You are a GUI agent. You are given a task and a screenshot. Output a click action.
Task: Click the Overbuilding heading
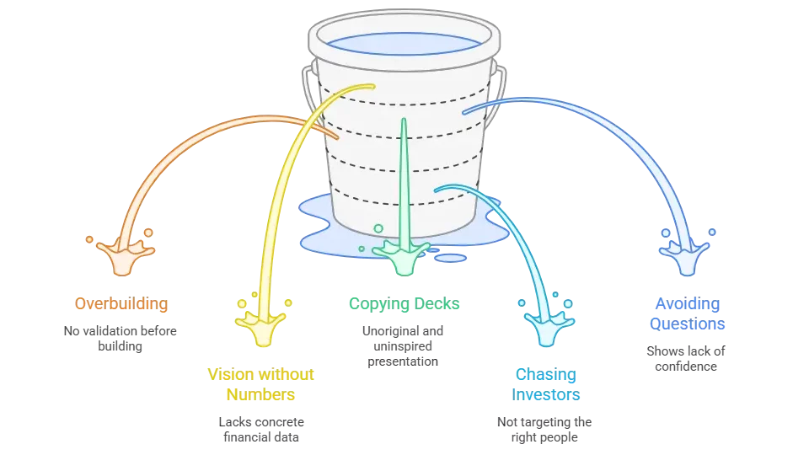point(121,303)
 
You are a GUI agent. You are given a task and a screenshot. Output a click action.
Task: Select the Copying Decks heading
point(404,304)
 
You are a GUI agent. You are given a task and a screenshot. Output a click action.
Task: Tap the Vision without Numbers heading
point(260,384)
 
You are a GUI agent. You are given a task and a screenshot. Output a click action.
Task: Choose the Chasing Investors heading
point(546,384)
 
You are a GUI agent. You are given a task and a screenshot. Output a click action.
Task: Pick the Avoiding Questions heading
point(688,313)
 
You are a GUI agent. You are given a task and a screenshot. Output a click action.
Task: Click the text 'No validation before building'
point(121,339)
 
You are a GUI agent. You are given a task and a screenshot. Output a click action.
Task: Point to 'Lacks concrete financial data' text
point(261,429)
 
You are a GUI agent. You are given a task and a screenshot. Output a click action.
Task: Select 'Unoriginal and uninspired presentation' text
point(403,346)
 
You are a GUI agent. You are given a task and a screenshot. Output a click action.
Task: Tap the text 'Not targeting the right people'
point(544,429)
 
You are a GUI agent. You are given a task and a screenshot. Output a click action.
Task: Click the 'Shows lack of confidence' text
point(686,359)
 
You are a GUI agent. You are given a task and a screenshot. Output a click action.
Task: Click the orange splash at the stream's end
point(124,256)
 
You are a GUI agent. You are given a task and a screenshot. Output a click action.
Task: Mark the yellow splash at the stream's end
point(261,326)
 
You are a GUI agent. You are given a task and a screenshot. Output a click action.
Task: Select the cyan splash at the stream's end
point(547,328)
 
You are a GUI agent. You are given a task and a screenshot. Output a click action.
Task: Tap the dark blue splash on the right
point(686,256)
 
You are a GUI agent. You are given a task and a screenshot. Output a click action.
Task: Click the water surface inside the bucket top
point(404,44)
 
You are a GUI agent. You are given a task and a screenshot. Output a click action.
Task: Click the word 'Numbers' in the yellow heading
point(260,394)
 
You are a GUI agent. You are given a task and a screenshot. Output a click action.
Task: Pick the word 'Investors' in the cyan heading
point(546,394)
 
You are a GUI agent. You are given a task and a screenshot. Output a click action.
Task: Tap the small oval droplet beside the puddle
point(450,258)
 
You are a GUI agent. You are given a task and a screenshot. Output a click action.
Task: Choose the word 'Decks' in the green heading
point(437,303)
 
